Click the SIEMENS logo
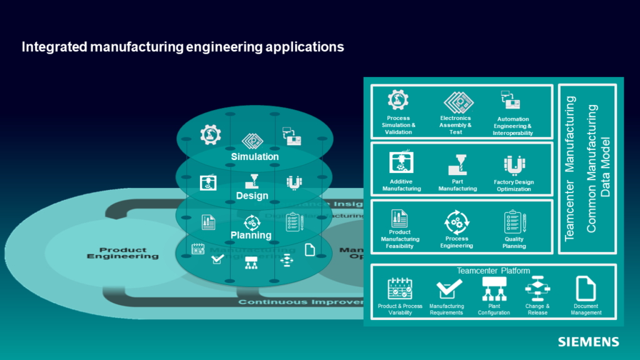(x=588, y=342)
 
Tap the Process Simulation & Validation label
(x=398, y=125)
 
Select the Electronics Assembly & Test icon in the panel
(x=456, y=102)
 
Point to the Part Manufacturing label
(x=457, y=185)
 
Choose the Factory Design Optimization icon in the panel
(x=514, y=166)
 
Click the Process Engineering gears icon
(x=456, y=222)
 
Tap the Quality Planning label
(x=514, y=242)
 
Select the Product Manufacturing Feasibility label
(x=400, y=239)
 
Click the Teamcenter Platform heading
(x=493, y=271)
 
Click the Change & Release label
(x=537, y=309)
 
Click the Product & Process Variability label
(x=400, y=309)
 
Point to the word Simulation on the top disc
(x=254, y=156)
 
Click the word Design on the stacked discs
(x=252, y=196)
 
